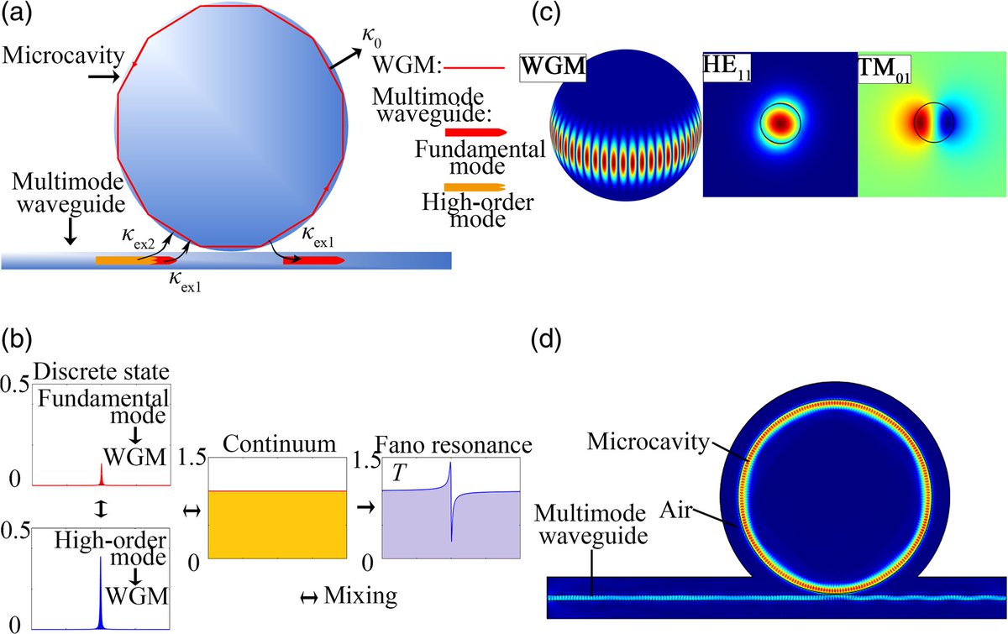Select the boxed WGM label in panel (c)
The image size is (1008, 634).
point(553,64)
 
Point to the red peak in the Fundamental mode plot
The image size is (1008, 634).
point(101,476)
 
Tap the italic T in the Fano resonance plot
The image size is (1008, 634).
point(399,477)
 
